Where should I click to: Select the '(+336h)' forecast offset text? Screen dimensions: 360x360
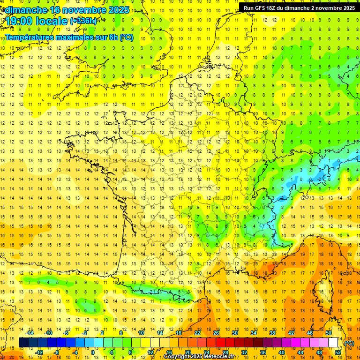tap(83, 21)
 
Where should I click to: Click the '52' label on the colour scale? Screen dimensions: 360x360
tap(337, 352)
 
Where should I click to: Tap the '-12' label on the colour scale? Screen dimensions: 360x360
tap(39, 352)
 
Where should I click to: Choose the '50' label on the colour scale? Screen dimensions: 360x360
tap(328, 333)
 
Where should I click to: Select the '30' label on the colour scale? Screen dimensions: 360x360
tap(234, 333)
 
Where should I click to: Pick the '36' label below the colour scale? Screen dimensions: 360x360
tap(262, 352)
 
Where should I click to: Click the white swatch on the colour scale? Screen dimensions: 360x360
tap(333, 343)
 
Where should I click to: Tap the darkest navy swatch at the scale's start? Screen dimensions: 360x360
tap(23, 343)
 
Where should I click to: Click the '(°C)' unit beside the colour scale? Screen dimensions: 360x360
tap(349, 343)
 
